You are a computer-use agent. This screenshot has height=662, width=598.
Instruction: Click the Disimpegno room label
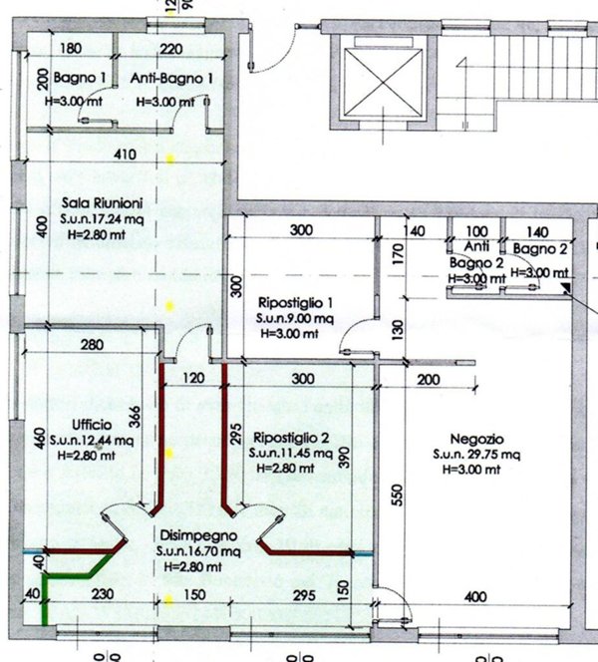pyautogui.click(x=189, y=533)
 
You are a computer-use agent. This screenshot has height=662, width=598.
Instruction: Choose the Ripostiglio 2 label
pyautogui.click(x=291, y=438)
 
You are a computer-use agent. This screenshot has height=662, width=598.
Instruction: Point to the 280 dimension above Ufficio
pyautogui.click(x=92, y=345)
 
